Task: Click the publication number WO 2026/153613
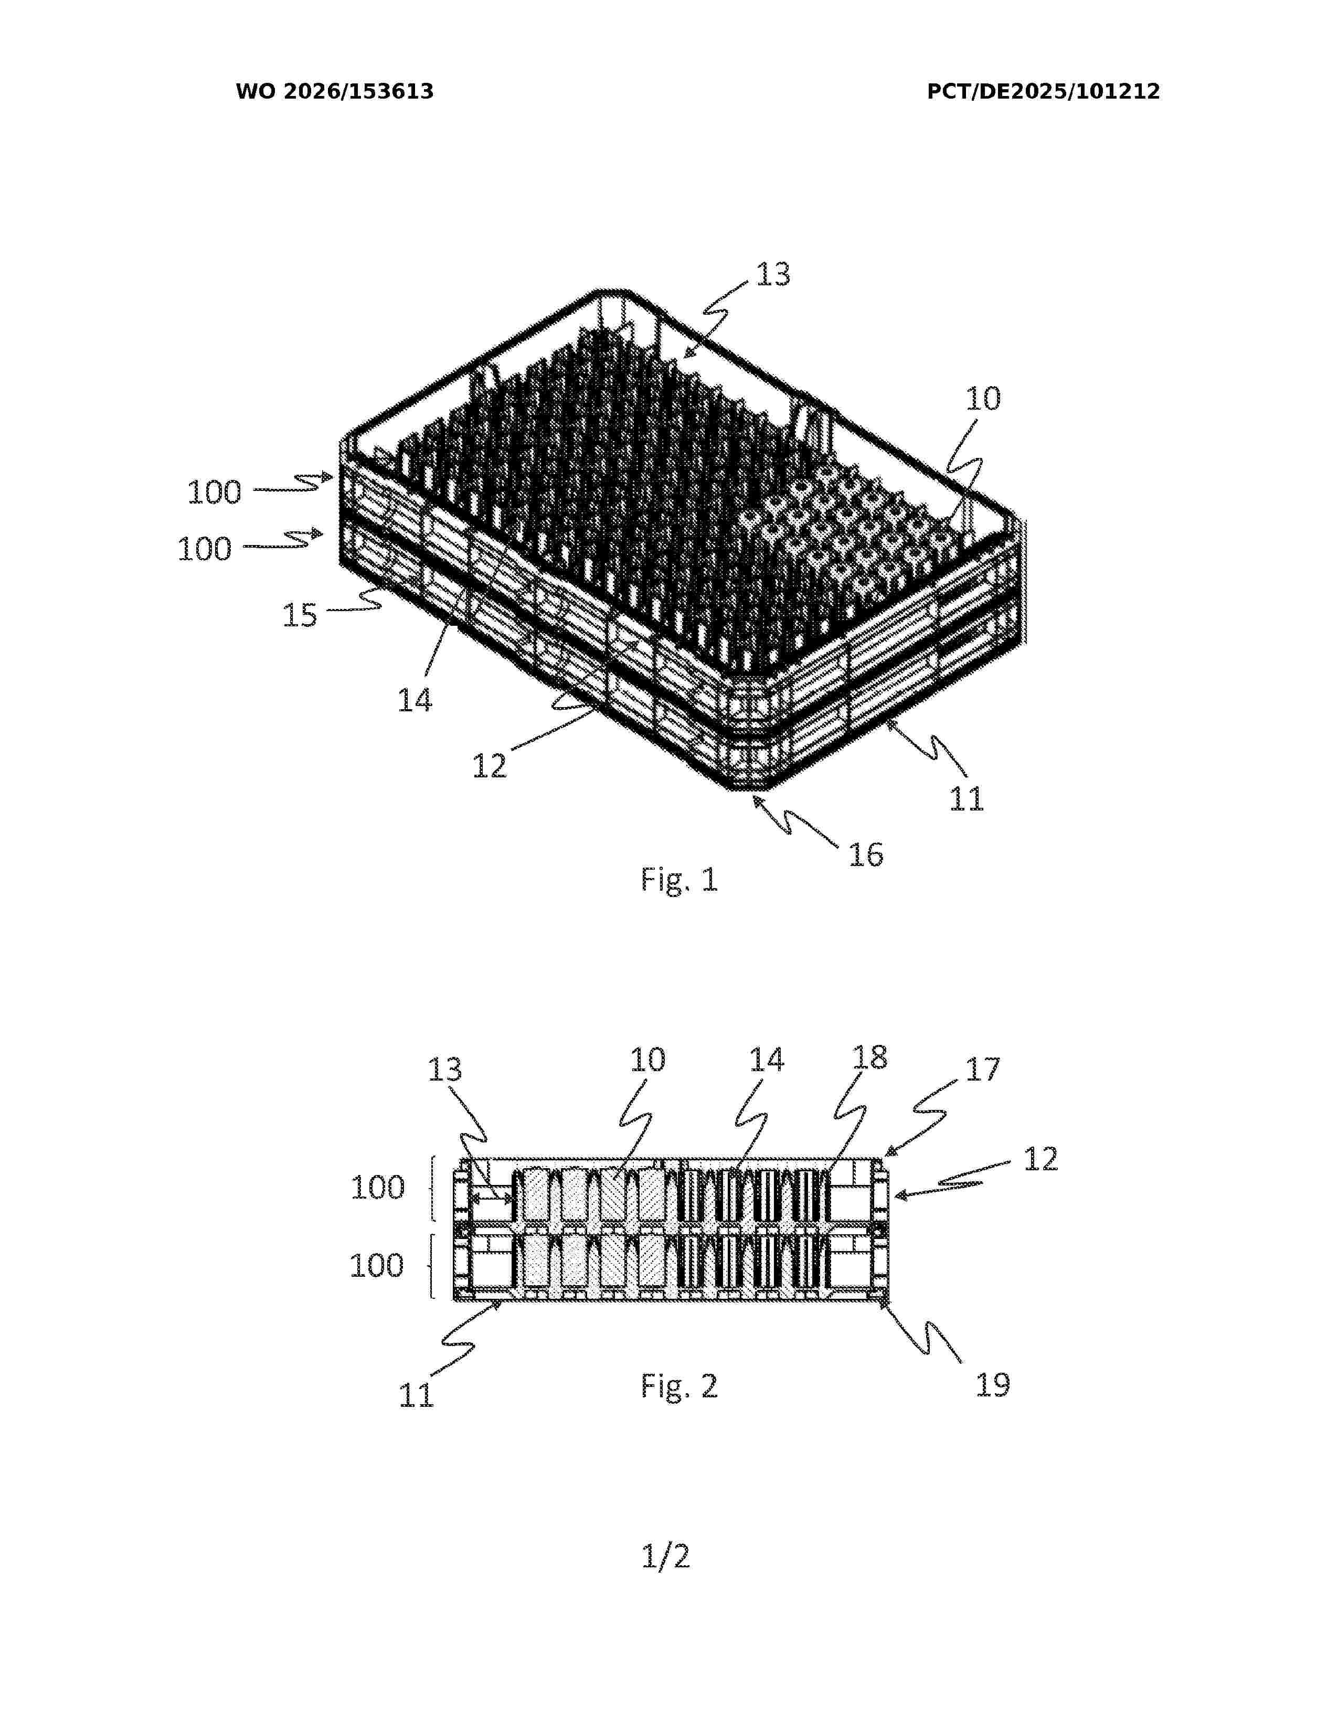[x=335, y=92]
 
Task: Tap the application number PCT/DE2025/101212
[x=1043, y=92]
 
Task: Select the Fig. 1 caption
[x=679, y=880]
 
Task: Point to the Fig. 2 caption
[x=679, y=1385]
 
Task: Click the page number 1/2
[x=666, y=1557]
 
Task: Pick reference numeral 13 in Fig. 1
[x=773, y=274]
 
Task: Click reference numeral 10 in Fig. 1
[x=983, y=398]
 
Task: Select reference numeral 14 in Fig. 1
[x=415, y=701]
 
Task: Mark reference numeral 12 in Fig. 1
[x=489, y=766]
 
